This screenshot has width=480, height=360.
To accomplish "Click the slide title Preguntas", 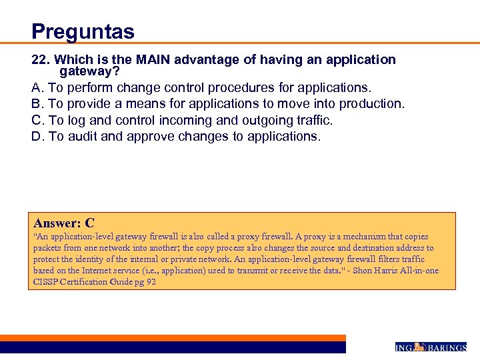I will [x=83, y=31].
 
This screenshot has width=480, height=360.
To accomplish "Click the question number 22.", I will [x=39, y=60].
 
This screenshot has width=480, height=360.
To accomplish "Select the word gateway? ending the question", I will [x=89, y=71].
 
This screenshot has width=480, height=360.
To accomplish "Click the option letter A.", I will [x=37, y=87].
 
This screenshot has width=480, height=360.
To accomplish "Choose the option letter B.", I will [x=37, y=104].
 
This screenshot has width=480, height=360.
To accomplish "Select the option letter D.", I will [x=37, y=137].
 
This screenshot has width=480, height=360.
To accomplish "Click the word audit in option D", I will [x=83, y=137].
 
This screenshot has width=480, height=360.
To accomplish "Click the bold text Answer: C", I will [x=64, y=223].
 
